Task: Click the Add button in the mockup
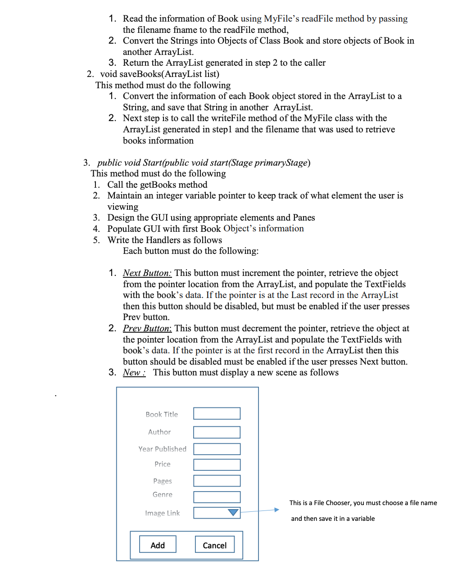[x=158, y=545]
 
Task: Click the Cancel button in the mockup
[x=215, y=545]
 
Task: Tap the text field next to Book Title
[x=217, y=413]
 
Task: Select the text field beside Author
[x=217, y=432]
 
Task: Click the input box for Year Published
[x=217, y=449]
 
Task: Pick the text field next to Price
[x=217, y=465]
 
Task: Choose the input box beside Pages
[x=217, y=481]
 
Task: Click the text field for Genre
[x=217, y=497]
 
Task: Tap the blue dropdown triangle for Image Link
[x=233, y=513]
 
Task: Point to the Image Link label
[x=162, y=513]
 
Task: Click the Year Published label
[x=162, y=449]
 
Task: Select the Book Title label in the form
[x=162, y=414]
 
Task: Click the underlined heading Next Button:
[x=147, y=273]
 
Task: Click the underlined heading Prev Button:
[x=147, y=329]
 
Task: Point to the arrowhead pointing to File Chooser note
[x=276, y=510]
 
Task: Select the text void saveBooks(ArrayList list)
[x=160, y=74]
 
